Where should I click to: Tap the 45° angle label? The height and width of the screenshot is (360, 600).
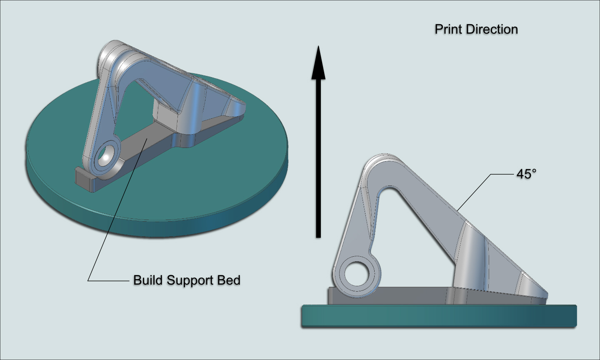click(x=526, y=174)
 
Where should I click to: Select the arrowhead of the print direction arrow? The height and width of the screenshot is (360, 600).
click(x=318, y=62)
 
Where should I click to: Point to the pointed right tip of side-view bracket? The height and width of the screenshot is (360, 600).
click(x=545, y=297)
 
